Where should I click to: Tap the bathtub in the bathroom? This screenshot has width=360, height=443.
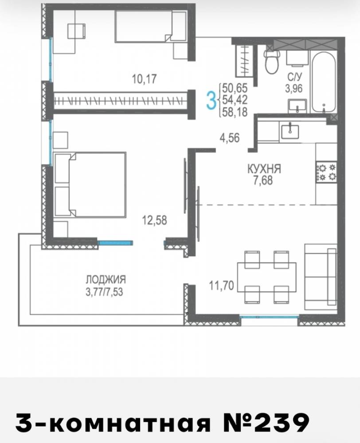(x=324, y=82)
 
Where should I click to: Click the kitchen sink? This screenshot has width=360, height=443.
(x=290, y=131)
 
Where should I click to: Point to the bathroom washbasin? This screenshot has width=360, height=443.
(x=297, y=106)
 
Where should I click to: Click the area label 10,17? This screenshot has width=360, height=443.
(x=144, y=79)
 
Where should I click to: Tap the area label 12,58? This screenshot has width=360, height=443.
(x=154, y=220)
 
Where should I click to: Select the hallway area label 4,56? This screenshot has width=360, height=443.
(x=230, y=138)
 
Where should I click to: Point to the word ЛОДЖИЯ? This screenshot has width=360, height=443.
(x=106, y=280)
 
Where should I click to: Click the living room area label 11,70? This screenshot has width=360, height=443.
(x=221, y=286)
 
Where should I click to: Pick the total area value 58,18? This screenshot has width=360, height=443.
(x=235, y=112)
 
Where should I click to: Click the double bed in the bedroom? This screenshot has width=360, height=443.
(x=90, y=185)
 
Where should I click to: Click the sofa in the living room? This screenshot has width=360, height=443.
(x=321, y=277)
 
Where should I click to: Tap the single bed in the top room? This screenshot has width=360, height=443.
(x=151, y=27)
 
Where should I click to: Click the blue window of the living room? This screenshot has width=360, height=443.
(x=269, y=317)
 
